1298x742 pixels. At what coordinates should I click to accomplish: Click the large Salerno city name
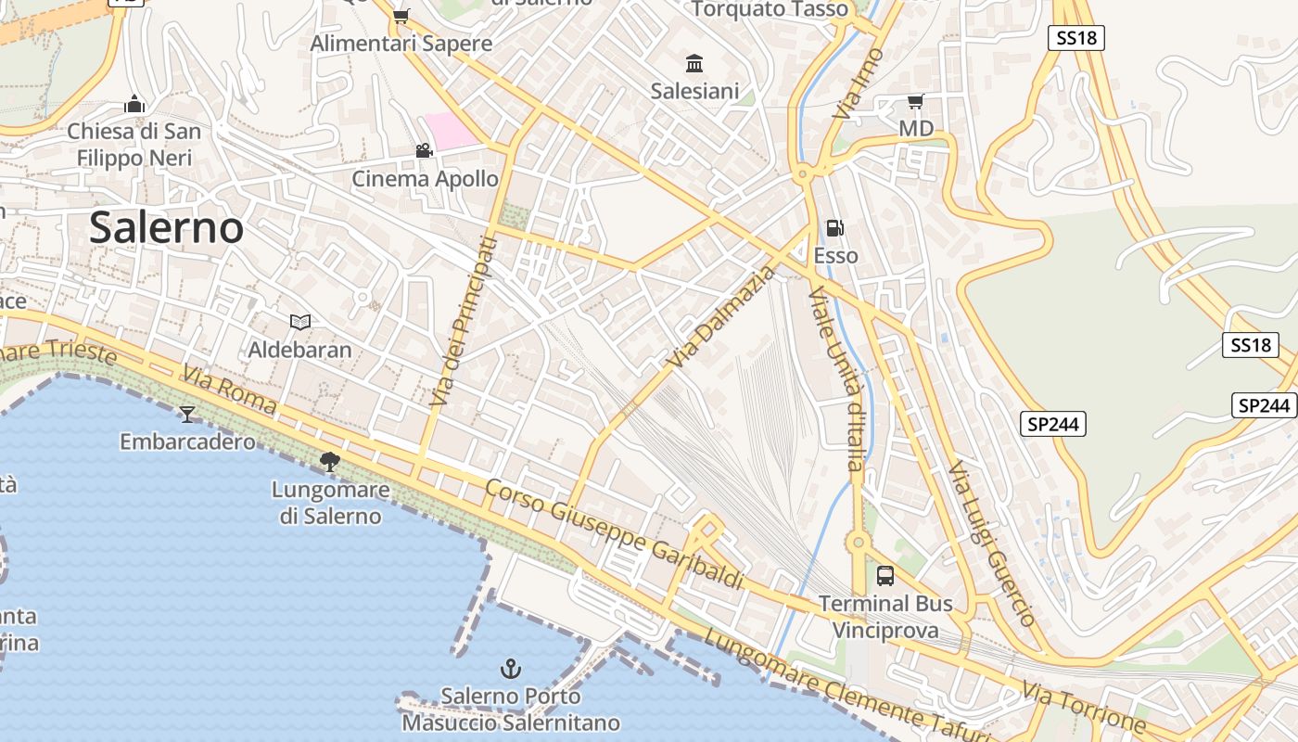(x=167, y=228)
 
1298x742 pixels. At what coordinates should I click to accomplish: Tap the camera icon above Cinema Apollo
(x=424, y=150)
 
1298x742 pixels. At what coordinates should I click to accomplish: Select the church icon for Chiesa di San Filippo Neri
(x=134, y=104)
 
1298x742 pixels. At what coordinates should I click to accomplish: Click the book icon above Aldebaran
(x=299, y=322)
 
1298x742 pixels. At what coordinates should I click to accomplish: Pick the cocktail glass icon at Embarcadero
(x=187, y=414)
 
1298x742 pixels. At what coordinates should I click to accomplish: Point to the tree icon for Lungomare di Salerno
(x=329, y=461)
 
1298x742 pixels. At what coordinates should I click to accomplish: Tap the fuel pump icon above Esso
(x=835, y=228)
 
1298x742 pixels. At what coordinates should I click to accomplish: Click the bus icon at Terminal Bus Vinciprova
(x=885, y=576)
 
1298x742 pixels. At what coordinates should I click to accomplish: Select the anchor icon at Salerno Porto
(x=510, y=668)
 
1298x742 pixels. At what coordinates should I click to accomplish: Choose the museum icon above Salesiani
(x=694, y=63)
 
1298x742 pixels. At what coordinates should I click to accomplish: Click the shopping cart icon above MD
(x=916, y=101)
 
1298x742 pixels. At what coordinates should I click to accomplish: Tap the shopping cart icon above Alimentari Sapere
(x=401, y=16)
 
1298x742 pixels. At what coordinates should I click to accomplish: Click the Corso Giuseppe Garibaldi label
(x=615, y=534)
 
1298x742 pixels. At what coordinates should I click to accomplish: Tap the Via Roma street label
(x=229, y=389)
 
